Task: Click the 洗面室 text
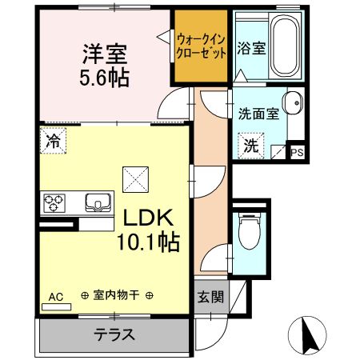[258, 114]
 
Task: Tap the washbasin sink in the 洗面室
[293, 102]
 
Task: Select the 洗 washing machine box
[251, 146]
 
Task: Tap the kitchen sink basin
[98, 202]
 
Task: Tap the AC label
[56, 297]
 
